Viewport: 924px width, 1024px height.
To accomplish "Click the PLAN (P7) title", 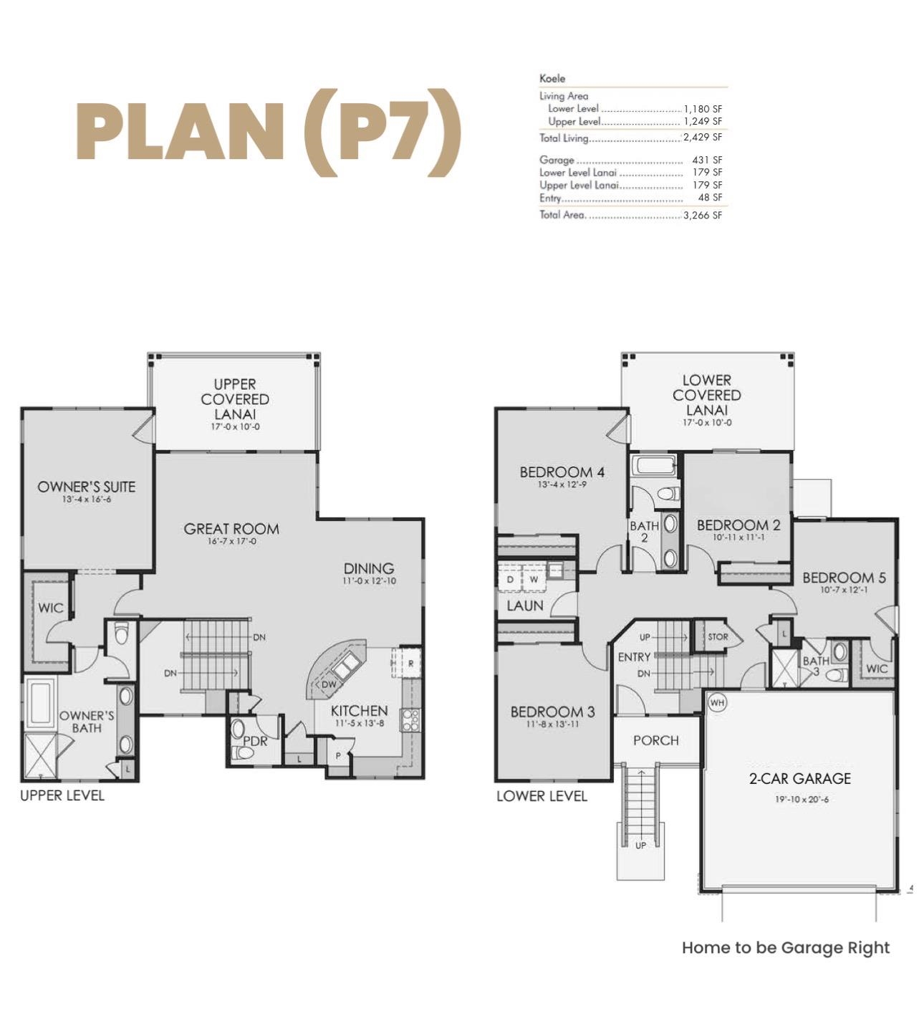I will click(268, 133).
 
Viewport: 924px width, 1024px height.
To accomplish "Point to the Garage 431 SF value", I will click(707, 160).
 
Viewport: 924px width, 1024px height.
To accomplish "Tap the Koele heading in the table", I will click(552, 78).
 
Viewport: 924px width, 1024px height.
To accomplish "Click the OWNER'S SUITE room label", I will click(86, 487).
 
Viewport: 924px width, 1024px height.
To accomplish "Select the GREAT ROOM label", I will click(231, 529).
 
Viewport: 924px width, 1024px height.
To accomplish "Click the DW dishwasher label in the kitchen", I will click(328, 684).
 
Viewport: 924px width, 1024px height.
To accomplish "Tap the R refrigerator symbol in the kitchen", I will click(410, 664).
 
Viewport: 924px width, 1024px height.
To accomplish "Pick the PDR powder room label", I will click(255, 741).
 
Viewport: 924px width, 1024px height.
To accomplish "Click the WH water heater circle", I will click(717, 702).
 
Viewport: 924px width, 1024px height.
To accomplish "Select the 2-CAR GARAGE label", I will click(800, 778).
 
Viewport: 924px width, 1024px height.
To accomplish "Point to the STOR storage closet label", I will click(718, 636).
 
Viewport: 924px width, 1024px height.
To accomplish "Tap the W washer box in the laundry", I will click(534, 579).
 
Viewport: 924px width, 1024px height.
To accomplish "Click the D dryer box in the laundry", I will click(510, 579).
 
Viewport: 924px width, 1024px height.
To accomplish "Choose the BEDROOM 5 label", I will click(844, 578).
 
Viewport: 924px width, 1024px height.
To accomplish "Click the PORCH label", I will click(655, 740).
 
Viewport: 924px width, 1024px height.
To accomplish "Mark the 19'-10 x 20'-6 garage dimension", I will click(802, 799).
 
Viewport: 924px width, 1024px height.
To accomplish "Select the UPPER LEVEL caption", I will click(62, 795).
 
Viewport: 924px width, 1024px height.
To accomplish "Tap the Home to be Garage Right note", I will click(785, 947).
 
